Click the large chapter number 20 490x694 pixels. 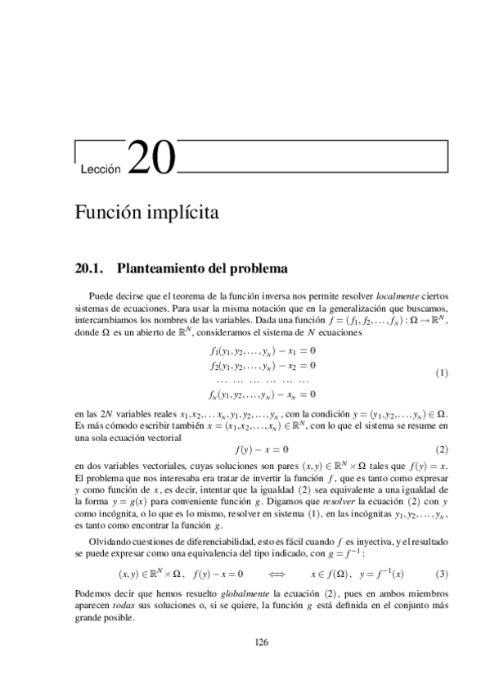(152, 158)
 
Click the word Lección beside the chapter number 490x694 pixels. (101, 169)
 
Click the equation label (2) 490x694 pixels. (443, 449)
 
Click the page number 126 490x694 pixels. (261, 642)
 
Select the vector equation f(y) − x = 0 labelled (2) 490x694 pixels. (261, 449)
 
